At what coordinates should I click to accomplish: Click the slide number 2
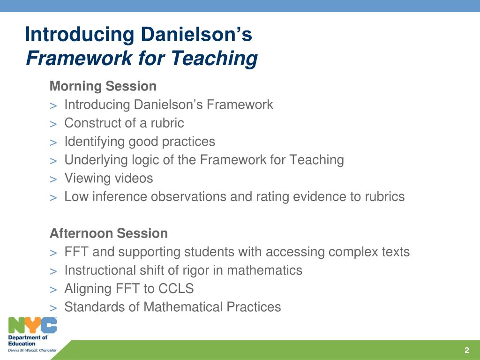466,351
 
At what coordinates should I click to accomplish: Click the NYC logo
32,325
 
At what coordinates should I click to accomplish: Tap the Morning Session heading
103,86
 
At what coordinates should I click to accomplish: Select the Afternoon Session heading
109,233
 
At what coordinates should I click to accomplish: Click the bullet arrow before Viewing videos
53,179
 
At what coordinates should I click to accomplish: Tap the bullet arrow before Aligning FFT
53,289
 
